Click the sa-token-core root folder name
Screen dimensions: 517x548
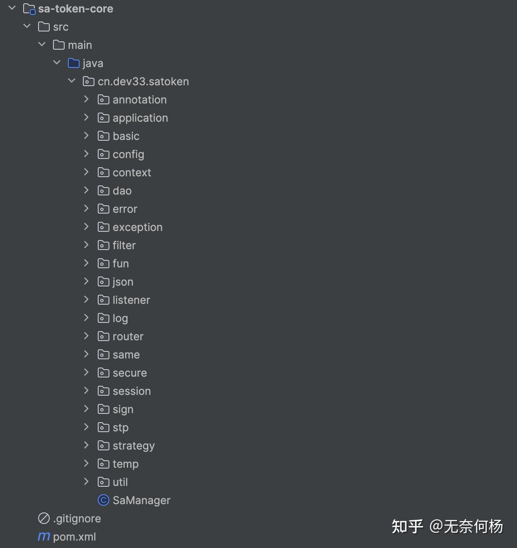pyautogui.click(x=75, y=9)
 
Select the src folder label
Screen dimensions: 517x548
pyautogui.click(x=60, y=27)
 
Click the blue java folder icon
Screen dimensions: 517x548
pyautogui.click(x=73, y=63)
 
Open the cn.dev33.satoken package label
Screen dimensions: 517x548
pyautogui.click(x=143, y=82)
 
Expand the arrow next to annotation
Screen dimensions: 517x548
pyautogui.click(x=86, y=99)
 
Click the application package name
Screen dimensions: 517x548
pyautogui.click(x=140, y=118)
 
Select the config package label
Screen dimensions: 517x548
pyautogui.click(x=128, y=154)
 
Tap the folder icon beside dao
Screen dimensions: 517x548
pyautogui.click(x=103, y=191)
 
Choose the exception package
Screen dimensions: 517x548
pyautogui.click(x=137, y=227)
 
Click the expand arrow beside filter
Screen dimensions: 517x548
pyautogui.click(x=86, y=245)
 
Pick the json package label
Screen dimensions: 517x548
pyautogui.click(x=123, y=282)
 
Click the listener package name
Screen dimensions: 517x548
pyautogui.click(x=131, y=300)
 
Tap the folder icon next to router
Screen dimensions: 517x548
pyautogui.click(x=103, y=336)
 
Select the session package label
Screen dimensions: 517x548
pyautogui.click(x=131, y=391)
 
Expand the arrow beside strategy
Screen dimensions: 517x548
pyautogui.click(x=86, y=445)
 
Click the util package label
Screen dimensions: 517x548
pyautogui.click(x=120, y=482)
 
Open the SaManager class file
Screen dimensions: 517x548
pyautogui.click(x=141, y=500)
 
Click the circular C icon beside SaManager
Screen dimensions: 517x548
pyautogui.click(x=103, y=500)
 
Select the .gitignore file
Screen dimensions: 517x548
pyautogui.click(x=77, y=519)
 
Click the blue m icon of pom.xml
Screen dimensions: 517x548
pyautogui.click(x=43, y=537)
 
